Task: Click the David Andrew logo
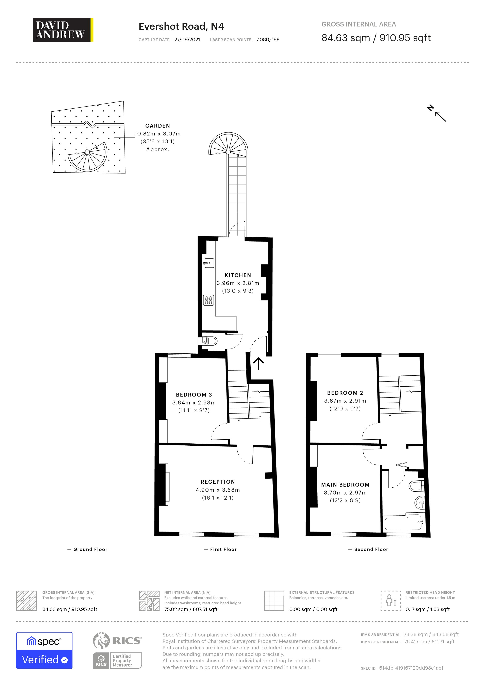click(x=63, y=30)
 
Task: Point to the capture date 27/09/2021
click(x=187, y=40)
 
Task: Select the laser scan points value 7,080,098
click(x=268, y=40)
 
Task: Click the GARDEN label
click(x=157, y=126)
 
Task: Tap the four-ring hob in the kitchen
click(x=208, y=300)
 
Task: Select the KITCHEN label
click(x=238, y=275)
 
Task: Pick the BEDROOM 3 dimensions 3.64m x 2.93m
click(x=194, y=403)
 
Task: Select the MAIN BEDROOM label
click(x=345, y=485)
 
